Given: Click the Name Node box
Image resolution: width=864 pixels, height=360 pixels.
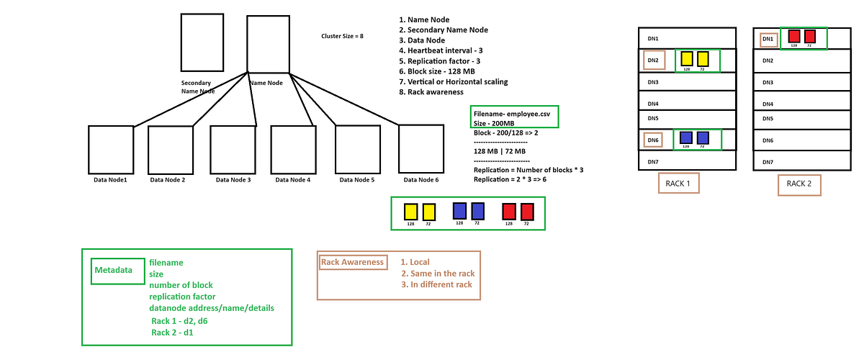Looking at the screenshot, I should coord(268,44).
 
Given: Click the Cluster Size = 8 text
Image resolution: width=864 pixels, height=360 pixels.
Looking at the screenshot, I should coord(342,35).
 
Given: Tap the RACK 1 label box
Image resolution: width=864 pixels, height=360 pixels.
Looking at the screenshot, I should coord(679,184).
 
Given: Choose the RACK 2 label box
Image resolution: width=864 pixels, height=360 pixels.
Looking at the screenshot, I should coord(798,184).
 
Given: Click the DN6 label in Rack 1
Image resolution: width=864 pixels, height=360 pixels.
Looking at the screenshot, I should coord(653,140).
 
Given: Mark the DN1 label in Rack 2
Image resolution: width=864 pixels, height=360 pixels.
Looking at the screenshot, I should coord(768,39).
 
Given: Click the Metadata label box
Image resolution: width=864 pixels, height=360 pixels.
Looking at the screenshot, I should coord(114,270).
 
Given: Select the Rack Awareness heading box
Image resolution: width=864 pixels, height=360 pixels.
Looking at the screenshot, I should coord(352,262).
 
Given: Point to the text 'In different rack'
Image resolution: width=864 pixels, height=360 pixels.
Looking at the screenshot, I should coord(436,285).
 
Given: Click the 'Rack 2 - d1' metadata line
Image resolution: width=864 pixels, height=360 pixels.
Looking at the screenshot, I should coord(174,333).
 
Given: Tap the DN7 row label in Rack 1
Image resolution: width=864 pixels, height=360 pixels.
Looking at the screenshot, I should coord(653,161).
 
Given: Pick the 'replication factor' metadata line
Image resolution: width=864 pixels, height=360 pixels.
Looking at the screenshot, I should coord(183,297).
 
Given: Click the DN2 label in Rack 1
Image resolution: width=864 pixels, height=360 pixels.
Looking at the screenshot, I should coord(653,60).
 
